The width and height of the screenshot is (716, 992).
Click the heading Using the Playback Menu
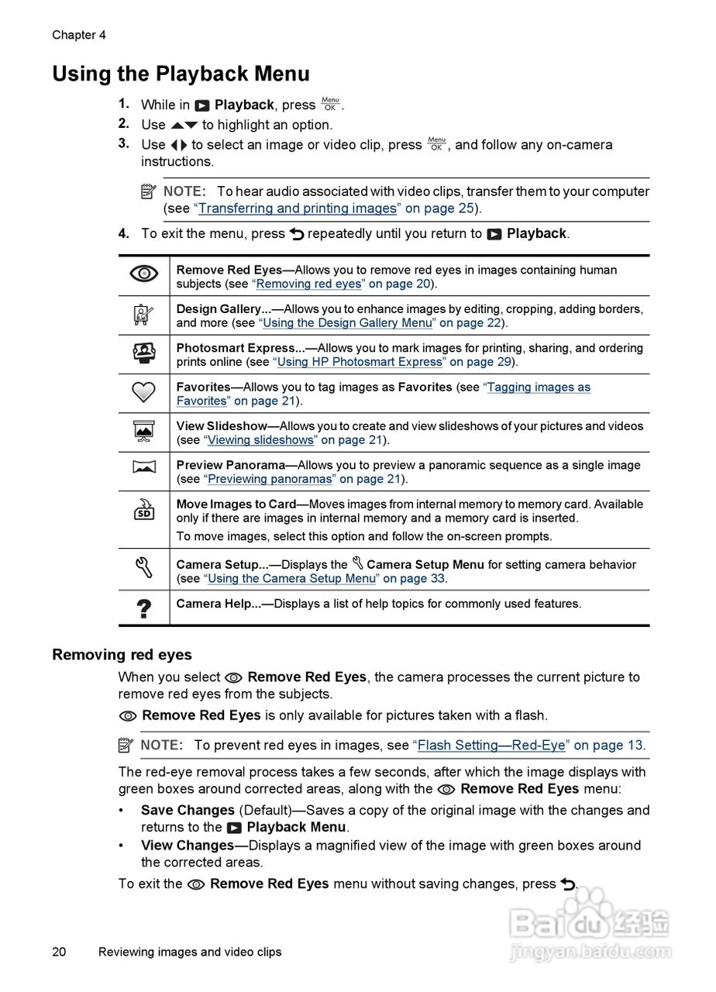point(181,74)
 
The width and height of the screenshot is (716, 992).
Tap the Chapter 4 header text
point(79,35)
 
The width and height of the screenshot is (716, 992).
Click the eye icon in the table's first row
point(143,274)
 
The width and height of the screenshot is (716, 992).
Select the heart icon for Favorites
point(143,393)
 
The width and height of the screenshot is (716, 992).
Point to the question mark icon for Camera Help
point(143,608)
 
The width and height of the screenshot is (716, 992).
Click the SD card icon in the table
point(143,510)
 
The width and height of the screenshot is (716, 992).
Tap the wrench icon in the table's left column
point(143,570)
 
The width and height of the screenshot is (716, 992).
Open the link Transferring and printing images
point(298,208)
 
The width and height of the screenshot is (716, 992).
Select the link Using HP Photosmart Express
point(361,362)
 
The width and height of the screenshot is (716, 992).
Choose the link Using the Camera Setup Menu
point(291,578)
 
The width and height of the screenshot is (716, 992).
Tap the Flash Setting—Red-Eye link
point(491,746)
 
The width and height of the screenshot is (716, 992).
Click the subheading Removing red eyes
point(122,655)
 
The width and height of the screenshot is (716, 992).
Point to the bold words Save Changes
point(188,811)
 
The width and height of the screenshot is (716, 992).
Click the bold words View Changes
point(188,846)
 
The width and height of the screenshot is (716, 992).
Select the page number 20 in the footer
point(60,952)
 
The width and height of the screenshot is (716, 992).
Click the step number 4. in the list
point(124,233)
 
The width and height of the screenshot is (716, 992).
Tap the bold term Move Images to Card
point(236,505)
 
